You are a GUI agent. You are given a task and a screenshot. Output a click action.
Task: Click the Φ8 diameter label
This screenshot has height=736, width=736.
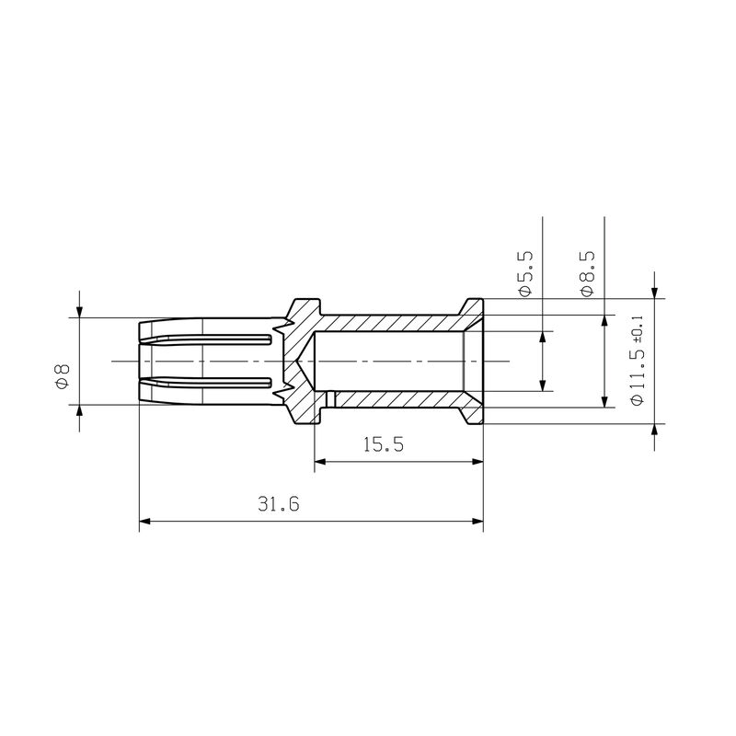pyautogui.click(x=62, y=377)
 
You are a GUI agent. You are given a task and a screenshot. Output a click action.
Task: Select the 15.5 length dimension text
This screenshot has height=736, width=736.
pyautogui.click(x=384, y=444)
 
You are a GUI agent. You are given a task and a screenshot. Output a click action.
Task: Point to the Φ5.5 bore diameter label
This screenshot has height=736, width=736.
pyautogui.click(x=525, y=271)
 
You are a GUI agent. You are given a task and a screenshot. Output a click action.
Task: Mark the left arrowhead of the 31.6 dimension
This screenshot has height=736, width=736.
pyautogui.click(x=144, y=522)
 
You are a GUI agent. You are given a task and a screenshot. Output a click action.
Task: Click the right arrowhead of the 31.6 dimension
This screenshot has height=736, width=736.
pyautogui.click(x=477, y=522)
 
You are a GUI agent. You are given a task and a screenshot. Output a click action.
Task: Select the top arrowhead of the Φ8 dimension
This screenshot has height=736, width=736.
pyautogui.click(x=79, y=310)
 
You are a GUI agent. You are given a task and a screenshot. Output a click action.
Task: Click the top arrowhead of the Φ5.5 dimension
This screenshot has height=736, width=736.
pyautogui.click(x=542, y=337)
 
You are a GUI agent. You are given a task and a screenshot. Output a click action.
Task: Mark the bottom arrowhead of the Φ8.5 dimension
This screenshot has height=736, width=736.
pyautogui.click(x=604, y=401)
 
